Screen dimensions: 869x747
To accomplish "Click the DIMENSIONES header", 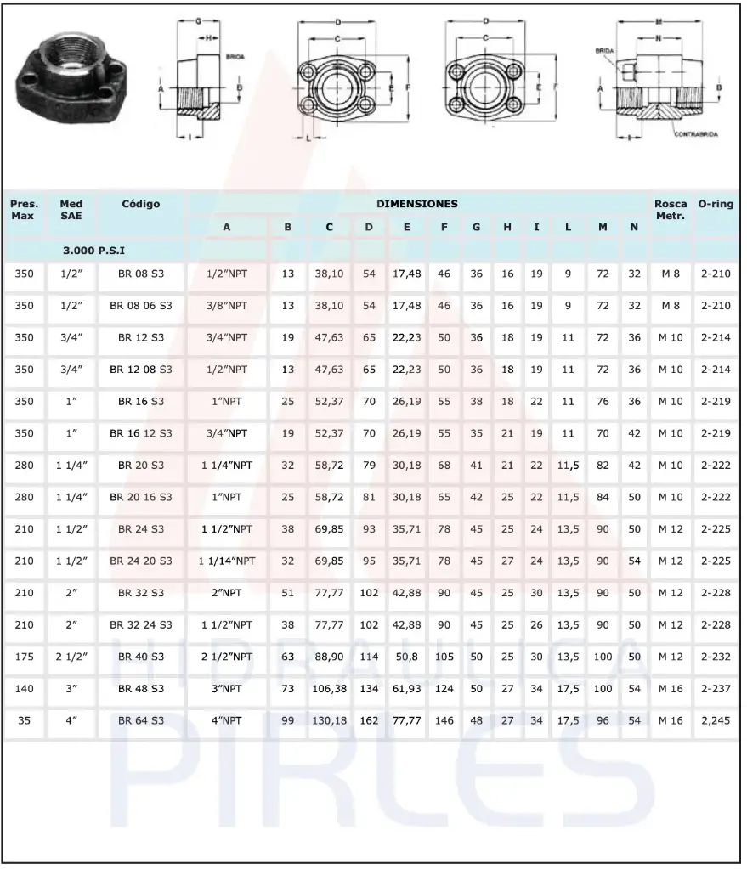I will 417,204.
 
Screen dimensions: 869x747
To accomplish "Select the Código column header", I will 141,204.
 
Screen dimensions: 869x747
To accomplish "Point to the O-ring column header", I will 716,204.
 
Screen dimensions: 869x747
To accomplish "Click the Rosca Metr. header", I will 671,210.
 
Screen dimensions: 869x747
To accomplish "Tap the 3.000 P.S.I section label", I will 99,251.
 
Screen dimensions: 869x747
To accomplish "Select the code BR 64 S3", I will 141,721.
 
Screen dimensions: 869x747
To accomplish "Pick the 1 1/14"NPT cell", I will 227,561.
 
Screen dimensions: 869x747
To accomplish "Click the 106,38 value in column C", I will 329,689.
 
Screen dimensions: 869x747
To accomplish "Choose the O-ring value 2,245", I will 716,721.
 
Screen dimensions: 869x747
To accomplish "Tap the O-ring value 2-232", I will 716,657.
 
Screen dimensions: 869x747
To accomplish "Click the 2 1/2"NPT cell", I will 227,657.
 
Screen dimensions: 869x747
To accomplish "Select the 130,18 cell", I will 329,721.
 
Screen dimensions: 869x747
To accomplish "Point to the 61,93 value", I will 407,689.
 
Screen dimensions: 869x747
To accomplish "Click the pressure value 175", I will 25,657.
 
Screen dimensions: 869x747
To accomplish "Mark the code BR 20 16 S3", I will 141,497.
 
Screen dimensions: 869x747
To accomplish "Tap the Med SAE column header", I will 71,210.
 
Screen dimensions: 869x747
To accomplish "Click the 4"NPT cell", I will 227,721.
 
